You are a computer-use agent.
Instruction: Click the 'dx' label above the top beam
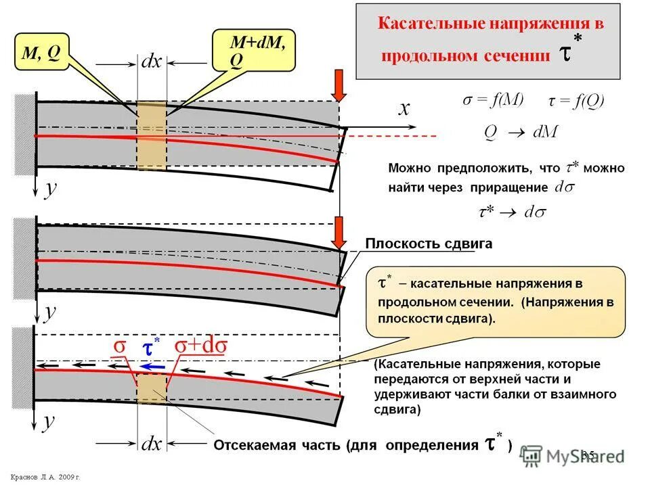point(150,63)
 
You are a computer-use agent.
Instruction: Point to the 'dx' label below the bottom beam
point(150,444)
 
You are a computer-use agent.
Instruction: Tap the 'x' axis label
point(404,110)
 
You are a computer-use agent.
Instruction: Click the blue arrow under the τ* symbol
point(152,366)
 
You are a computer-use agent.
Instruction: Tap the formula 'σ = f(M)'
point(493,100)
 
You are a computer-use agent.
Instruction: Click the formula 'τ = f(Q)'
point(576,101)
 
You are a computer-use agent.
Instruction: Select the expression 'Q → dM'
point(520,131)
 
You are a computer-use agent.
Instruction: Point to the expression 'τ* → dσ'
point(512,212)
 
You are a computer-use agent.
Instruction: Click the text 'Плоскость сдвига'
point(428,244)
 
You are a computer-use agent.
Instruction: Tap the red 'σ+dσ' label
point(201,345)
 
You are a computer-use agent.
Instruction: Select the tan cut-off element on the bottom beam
point(152,388)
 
